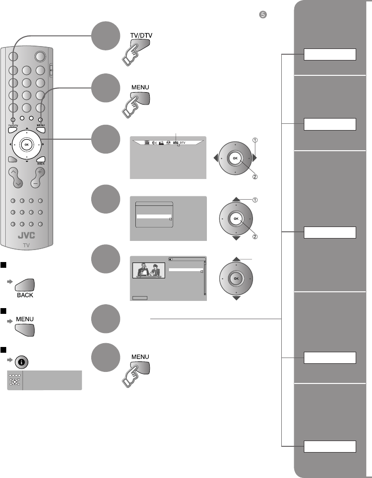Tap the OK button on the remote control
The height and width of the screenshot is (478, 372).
27,144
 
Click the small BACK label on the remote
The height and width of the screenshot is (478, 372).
41,164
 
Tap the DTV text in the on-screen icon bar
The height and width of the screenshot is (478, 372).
183,143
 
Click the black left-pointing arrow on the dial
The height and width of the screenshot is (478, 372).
216,157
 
